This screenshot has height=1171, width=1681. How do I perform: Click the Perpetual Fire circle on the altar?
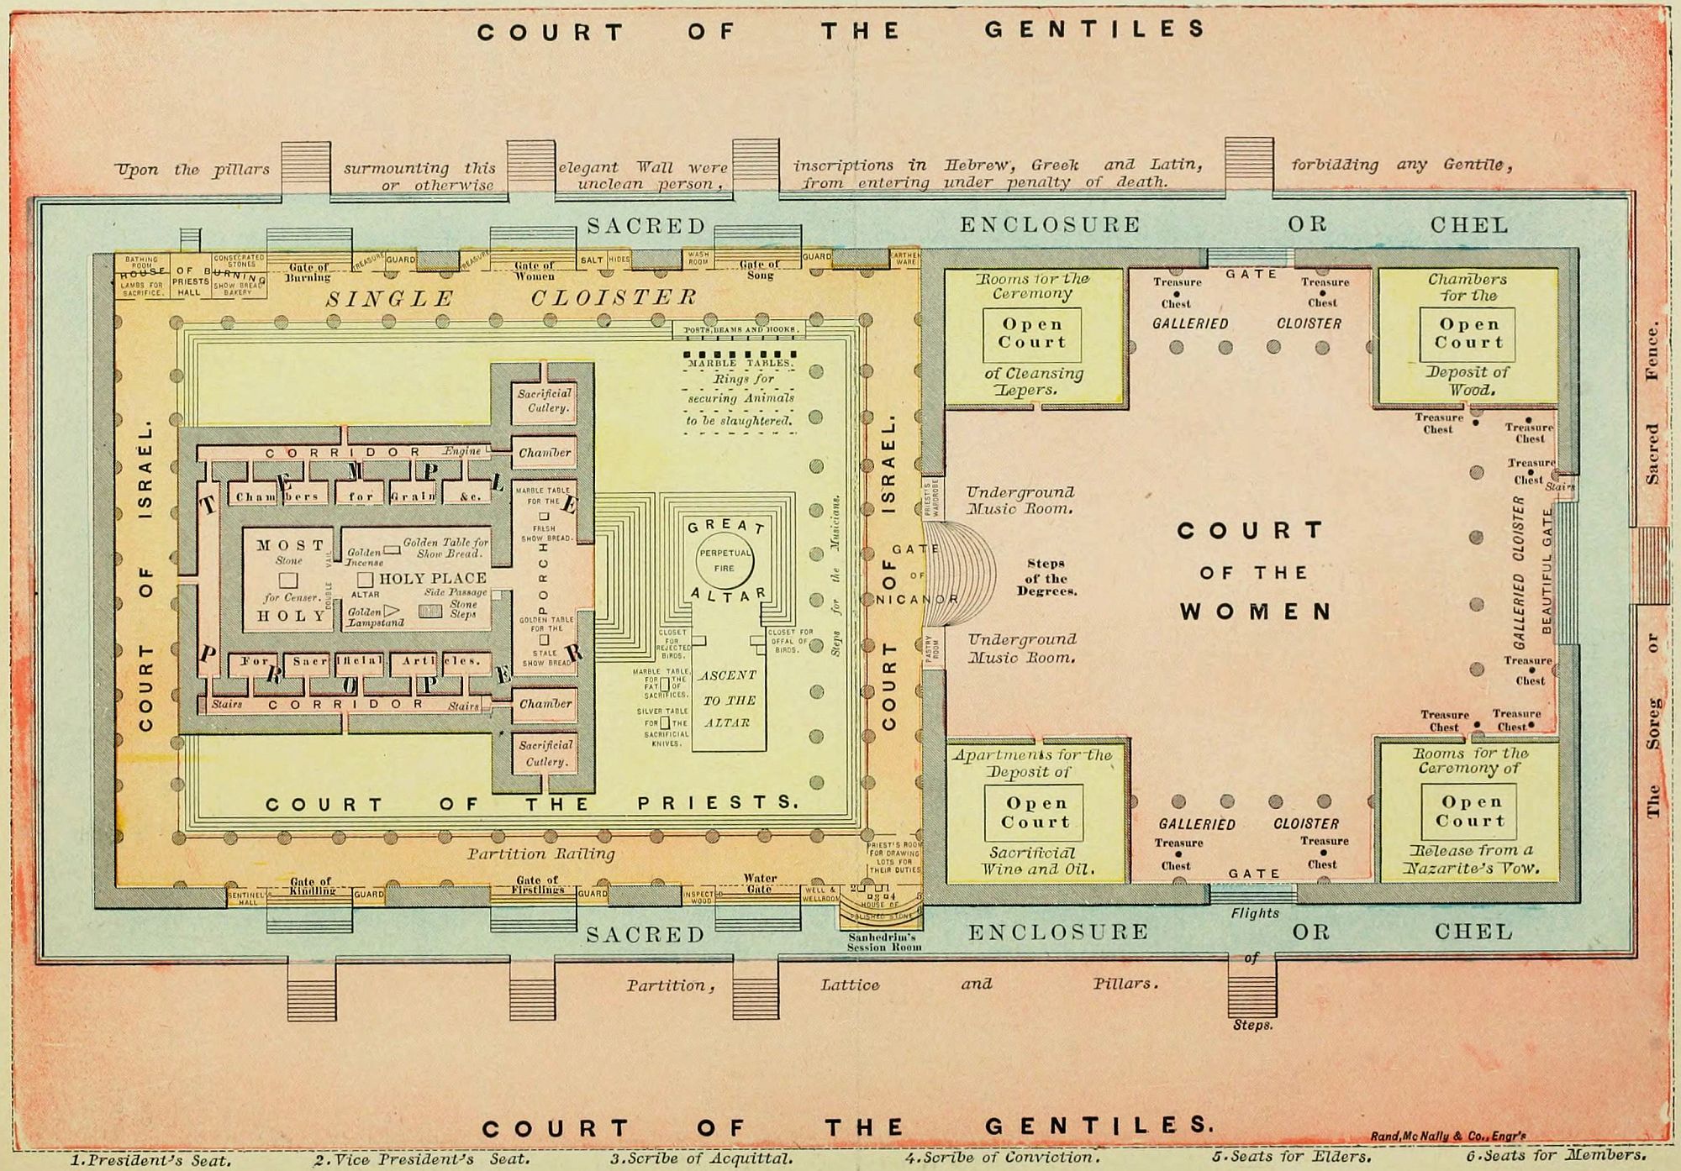pos(725,560)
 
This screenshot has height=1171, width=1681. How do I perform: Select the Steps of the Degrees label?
pos(1046,577)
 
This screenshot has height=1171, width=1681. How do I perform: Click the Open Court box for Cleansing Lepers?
pos(1032,334)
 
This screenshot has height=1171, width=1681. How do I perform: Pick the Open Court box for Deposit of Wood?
pos(1468,333)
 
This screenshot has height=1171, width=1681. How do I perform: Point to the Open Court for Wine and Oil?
pos(1034,812)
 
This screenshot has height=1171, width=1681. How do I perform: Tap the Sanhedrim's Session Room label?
pos(884,942)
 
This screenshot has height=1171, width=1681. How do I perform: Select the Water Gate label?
pos(759,884)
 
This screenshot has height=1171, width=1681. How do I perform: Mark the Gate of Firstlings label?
pos(536,885)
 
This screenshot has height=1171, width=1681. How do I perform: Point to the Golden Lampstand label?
pos(376,617)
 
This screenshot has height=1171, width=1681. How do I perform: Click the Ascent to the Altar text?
pos(728,699)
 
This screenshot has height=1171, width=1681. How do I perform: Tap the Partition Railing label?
pos(541,853)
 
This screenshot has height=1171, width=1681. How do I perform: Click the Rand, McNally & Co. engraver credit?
pos(1447,1136)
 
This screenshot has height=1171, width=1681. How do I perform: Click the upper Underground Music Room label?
pos(1020,500)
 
